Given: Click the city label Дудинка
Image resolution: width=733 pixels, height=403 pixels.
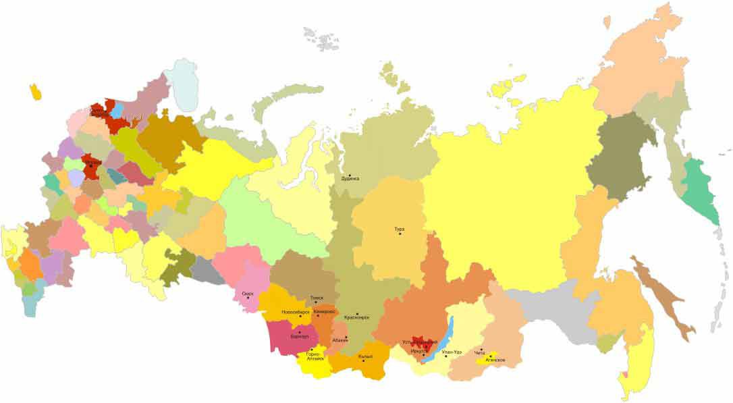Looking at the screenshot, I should pyautogui.click(x=350, y=179).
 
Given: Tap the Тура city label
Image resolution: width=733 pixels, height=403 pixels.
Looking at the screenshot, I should pyautogui.click(x=399, y=230).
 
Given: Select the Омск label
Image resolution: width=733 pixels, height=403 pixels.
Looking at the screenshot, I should pyautogui.click(x=247, y=294).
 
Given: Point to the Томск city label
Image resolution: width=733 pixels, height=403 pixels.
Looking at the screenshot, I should pyautogui.click(x=316, y=298).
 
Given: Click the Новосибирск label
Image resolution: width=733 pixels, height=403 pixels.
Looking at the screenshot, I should pyautogui.click(x=295, y=312).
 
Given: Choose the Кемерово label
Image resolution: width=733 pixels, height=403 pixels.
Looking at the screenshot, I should pyautogui.click(x=324, y=311).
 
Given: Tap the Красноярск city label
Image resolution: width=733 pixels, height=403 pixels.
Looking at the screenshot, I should pyautogui.click(x=356, y=317).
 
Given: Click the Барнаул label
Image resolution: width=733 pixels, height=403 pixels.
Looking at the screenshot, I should pyautogui.click(x=299, y=335).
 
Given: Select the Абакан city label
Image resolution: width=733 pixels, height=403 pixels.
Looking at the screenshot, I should pyautogui.click(x=340, y=340).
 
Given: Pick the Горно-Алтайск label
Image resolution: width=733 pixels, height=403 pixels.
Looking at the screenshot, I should pyautogui.click(x=315, y=356).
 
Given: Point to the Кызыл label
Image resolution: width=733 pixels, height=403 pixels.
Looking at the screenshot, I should pyautogui.click(x=366, y=356).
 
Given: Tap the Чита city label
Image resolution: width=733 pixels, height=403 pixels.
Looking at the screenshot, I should pyautogui.click(x=480, y=353).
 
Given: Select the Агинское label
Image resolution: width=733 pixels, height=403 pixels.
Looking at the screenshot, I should pyautogui.click(x=495, y=360).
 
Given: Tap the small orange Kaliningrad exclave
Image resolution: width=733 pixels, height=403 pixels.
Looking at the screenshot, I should pyautogui.click(x=35, y=92).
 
